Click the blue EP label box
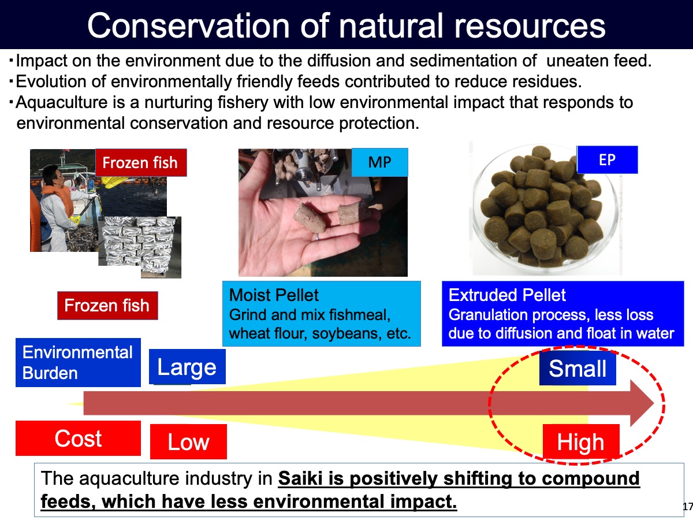tap(607, 160)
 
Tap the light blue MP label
tap(380, 162)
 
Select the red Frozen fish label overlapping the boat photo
tap(141, 162)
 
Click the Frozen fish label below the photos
tap(107, 305)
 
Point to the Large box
tap(187, 366)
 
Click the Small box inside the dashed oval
tap(577, 368)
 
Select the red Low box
tap(188, 441)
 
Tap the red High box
tap(581, 441)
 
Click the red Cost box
tap(78, 438)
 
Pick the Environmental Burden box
tap(78, 362)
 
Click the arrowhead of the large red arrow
tap(642, 403)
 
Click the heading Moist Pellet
tap(274, 295)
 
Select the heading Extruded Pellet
tap(507, 295)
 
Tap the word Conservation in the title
tap(188, 26)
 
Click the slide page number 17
tap(688, 507)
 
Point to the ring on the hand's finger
tap(317, 237)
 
